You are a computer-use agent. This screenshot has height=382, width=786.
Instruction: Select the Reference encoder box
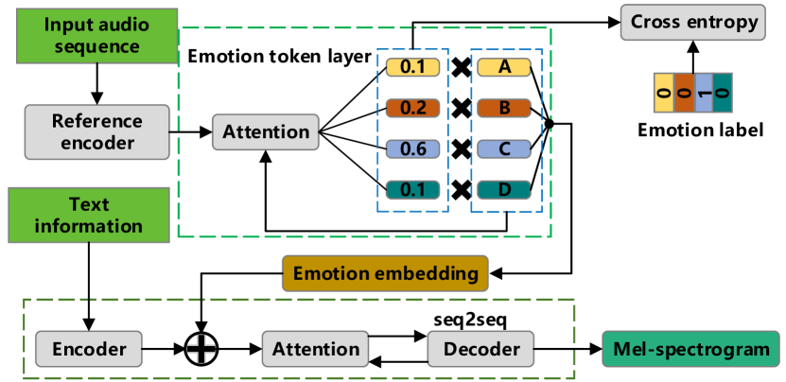click(x=97, y=132)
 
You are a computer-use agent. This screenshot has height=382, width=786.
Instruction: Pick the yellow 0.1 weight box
click(x=413, y=68)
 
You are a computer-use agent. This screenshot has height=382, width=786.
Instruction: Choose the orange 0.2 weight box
click(x=413, y=108)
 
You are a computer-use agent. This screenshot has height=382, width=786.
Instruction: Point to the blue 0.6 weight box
click(x=413, y=148)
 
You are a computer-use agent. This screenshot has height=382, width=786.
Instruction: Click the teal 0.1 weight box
click(x=413, y=190)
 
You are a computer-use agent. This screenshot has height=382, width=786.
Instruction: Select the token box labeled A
click(x=505, y=68)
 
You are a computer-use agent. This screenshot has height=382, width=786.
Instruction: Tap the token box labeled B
click(x=505, y=108)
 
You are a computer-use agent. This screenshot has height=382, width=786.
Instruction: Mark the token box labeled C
click(x=505, y=148)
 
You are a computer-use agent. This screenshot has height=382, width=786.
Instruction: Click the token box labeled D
click(x=505, y=190)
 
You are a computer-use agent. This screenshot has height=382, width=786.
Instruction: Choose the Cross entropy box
click(x=693, y=23)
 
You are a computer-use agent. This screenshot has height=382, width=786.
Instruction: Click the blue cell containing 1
click(x=703, y=94)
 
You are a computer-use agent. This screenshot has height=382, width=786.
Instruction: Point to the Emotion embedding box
click(x=385, y=274)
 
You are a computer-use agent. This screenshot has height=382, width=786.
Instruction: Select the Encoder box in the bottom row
click(x=89, y=349)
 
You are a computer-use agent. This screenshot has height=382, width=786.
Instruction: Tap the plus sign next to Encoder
click(x=201, y=349)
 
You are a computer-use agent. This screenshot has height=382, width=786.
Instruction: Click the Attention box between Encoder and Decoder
click(x=316, y=349)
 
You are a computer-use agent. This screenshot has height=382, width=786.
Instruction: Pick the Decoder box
click(x=482, y=349)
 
